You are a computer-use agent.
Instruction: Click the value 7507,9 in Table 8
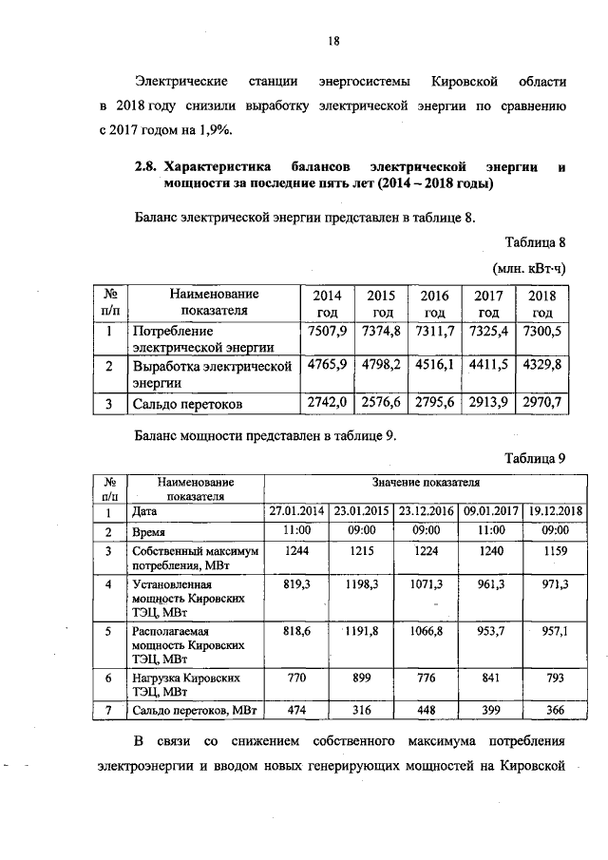coord(326,331)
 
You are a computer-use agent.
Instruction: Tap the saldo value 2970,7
coord(542,403)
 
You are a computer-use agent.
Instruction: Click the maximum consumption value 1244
coord(295,551)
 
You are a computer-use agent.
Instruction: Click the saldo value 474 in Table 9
coord(295,708)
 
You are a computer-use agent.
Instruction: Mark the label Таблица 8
coord(536,239)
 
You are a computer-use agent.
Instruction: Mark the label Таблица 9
coord(536,457)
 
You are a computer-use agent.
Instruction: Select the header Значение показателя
coord(425,483)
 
